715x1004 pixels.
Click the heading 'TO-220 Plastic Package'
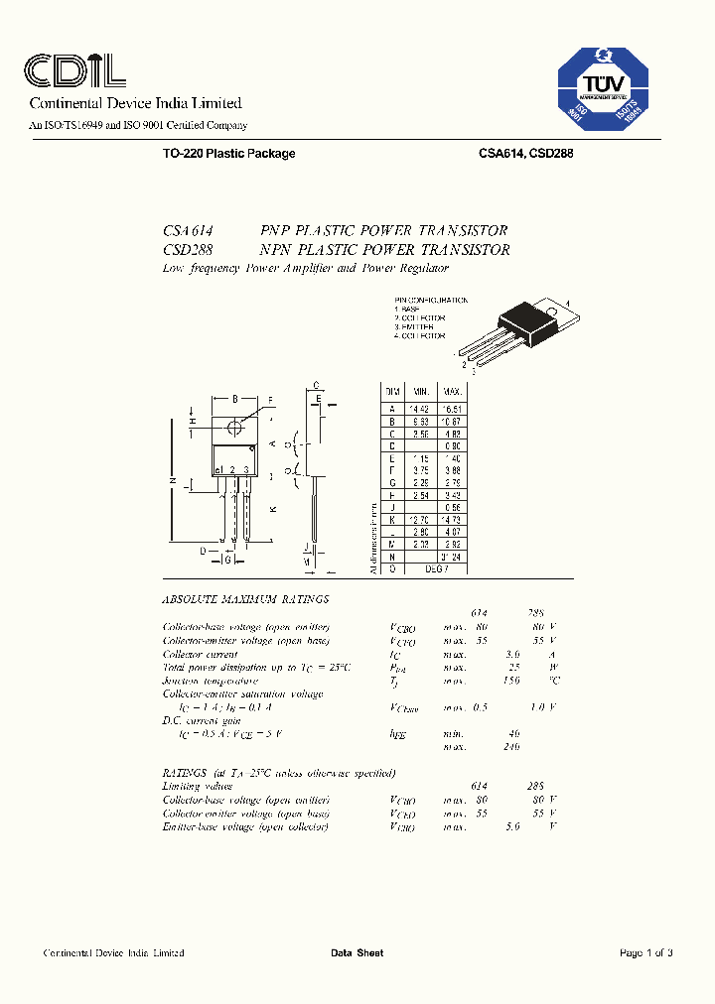click(x=228, y=154)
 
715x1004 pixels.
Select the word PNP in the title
click(x=276, y=230)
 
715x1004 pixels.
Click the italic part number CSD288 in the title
click(x=188, y=250)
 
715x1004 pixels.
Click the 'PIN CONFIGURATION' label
click(x=430, y=300)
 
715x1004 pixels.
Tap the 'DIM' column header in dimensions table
click(x=392, y=393)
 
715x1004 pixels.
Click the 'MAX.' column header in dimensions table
click(x=453, y=393)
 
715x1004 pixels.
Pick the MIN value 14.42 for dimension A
click(x=423, y=408)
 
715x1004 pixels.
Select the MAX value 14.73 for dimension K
click(x=453, y=520)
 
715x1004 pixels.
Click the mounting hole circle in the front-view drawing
click(x=235, y=427)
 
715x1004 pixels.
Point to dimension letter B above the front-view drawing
click(x=234, y=399)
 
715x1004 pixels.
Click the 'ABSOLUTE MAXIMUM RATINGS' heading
click(x=245, y=600)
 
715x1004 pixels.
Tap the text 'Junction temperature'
click(x=211, y=681)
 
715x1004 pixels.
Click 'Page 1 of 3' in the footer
click(x=646, y=953)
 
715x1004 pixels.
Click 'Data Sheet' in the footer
click(x=357, y=953)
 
